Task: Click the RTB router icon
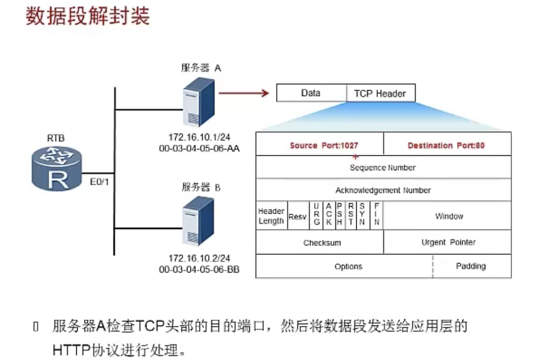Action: click(x=57, y=169)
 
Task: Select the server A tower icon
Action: click(x=199, y=102)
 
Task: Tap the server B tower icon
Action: click(x=198, y=221)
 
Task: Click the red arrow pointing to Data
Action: click(x=244, y=93)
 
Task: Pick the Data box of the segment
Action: click(x=311, y=93)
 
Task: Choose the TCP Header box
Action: click(x=381, y=93)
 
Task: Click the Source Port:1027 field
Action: click(x=320, y=144)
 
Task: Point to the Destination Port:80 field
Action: click(x=447, y=144)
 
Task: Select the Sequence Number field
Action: click(x=384, y=167)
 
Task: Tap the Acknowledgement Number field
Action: click(x=384, y=190)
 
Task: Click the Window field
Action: click(x=447, y=216)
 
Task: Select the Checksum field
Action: click(x=320, y=242)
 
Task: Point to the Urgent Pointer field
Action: click(x=447, y=242)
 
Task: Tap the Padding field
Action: click(x=472, y=266)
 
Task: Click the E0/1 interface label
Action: click(x=99, y=182)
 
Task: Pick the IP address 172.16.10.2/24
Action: click(x=199, y=258)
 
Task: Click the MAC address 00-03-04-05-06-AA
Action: click(x=199, y=149)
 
